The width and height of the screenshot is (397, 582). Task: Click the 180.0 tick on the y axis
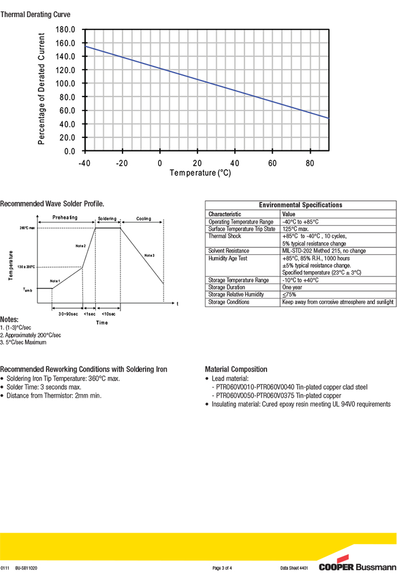pos(66,29)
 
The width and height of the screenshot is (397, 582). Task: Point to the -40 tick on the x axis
pos(85,163)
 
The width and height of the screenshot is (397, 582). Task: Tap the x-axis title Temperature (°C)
pos(200,173)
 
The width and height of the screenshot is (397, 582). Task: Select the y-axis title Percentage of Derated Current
pos(41,88)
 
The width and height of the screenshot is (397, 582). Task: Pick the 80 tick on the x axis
pos(310,163)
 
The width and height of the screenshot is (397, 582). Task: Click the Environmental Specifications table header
pos(300,205)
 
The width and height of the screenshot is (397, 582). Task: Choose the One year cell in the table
pos(293,288)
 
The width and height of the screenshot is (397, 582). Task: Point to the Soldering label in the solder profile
pos(107,218)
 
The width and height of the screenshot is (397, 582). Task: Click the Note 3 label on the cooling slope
pos(149,256)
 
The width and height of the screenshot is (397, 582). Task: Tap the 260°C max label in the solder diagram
pos(27,228)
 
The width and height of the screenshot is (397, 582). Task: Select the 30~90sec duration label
pos(68,314)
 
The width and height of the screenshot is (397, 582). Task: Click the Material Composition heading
pos(236,369)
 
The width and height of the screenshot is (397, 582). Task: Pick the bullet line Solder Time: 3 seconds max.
pos(44,387)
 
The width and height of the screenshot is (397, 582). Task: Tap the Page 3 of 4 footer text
pos(222,568)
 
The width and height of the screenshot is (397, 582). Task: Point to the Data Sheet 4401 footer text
pos(294,568)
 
